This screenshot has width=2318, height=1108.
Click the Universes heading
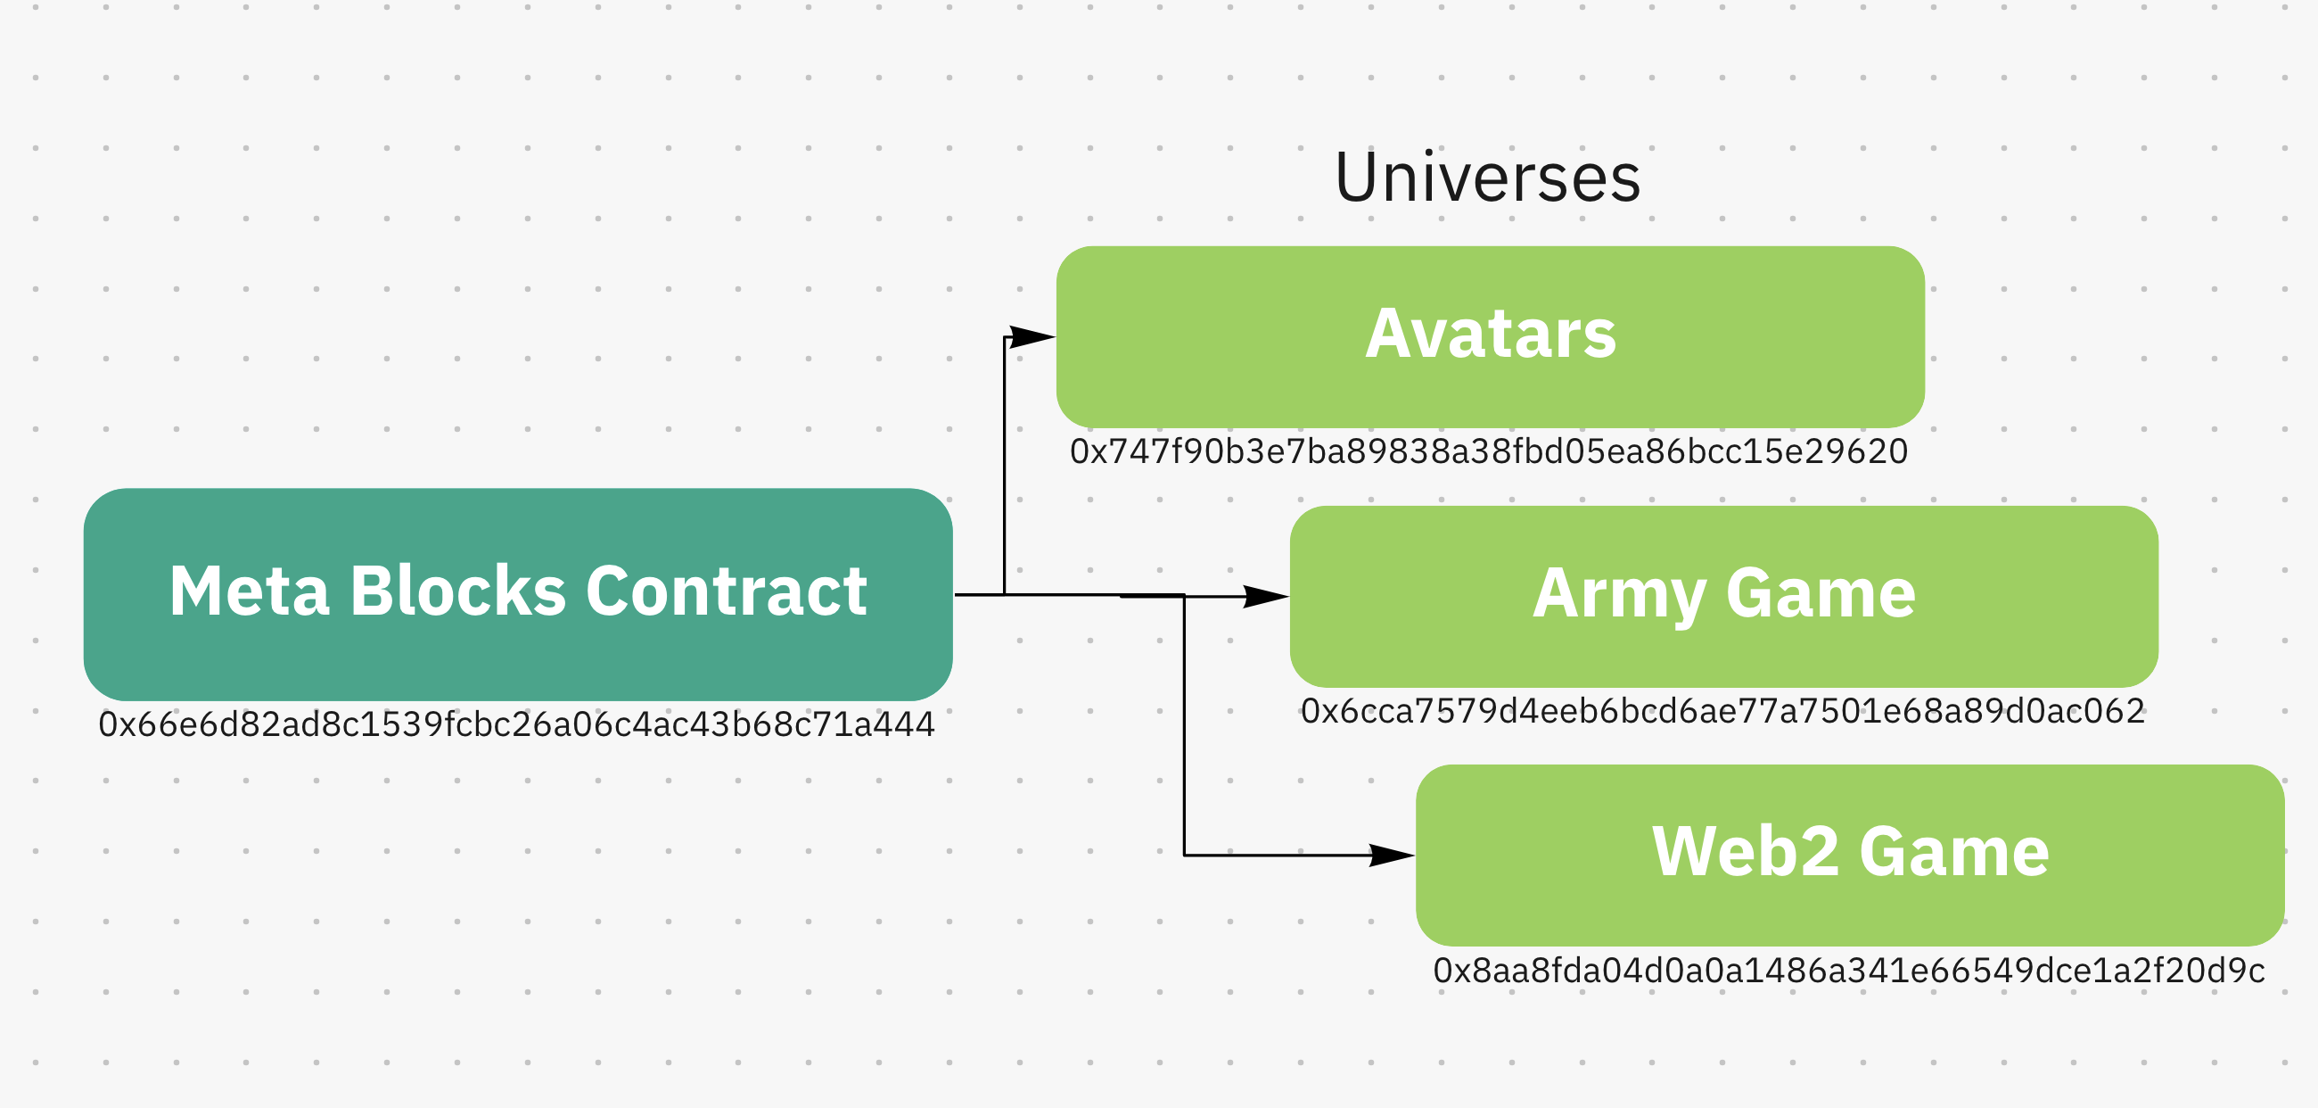tap(1487, 178)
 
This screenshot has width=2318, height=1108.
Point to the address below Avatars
tap(1488, 451)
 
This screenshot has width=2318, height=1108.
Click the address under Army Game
tap(1722, 711)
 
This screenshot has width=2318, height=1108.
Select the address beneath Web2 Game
tap(1848, 971)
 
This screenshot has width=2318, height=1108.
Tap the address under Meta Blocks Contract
tap(516, 724)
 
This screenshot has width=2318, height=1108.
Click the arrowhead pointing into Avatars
tap(1033, 337)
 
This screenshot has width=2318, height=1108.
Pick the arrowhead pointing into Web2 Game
tap(1391, 855)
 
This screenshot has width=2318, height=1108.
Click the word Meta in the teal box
tap(250, 591)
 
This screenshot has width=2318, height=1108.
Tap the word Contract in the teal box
tap(727, 591)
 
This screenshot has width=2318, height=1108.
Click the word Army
tap(1619, 595)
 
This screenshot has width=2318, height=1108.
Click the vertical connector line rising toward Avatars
tap(1004, 468)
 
